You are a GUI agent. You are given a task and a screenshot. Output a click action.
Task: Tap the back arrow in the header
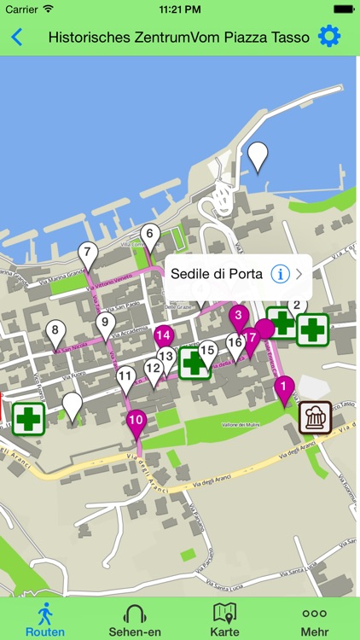tap(17, 37)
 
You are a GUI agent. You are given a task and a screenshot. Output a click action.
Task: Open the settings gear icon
tap(328, 36)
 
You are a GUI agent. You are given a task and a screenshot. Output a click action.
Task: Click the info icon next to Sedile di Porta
tap(280, 274)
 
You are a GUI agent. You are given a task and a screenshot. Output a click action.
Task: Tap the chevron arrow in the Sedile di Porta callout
tap(299, 274)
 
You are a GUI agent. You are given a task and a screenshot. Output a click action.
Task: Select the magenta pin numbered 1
tap(283, 389)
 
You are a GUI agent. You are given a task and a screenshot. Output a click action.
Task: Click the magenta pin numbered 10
tap(136, 420)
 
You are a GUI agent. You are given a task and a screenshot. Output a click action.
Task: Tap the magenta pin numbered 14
tap(164, 336)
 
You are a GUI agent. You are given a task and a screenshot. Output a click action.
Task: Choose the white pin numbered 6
tap(150, 235)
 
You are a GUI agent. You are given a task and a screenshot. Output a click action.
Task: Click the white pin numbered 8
tap(55, 332)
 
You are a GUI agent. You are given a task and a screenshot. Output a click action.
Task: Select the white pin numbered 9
tap(106, 323)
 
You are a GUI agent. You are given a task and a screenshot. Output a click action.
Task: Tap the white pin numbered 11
tap(125, 376)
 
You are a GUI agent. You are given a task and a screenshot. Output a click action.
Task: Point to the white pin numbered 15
tap(207, 349)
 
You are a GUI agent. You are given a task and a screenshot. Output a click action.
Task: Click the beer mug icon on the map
tap(315, 417)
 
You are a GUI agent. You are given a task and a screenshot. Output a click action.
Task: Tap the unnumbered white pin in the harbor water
tap(257, 155)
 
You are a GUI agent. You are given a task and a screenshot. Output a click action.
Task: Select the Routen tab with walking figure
tap(44, 619)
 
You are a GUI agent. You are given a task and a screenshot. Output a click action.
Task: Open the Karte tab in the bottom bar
tap(224, 619)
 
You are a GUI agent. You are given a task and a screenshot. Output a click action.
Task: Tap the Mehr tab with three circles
tap(314, 619)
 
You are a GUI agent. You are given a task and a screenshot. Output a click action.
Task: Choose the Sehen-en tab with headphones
tap(136, 619)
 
